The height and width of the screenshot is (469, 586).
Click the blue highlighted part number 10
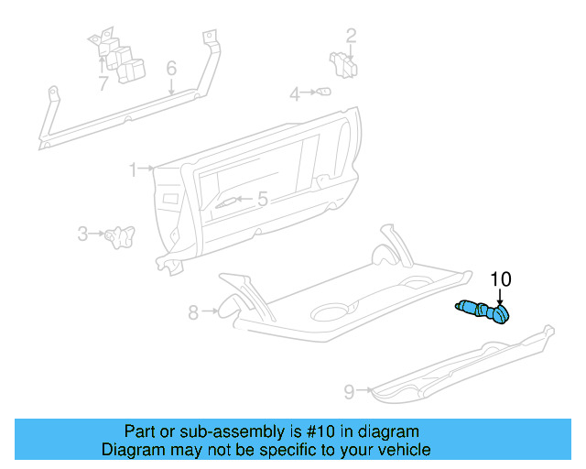(485, 312)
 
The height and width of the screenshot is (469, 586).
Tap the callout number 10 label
(501, 279)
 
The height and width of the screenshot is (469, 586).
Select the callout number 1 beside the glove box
(133, 169)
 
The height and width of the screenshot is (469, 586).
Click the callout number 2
(351, 37)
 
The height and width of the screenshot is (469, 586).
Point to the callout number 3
(82, 234)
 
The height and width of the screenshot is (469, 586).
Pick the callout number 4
(296, 93)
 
